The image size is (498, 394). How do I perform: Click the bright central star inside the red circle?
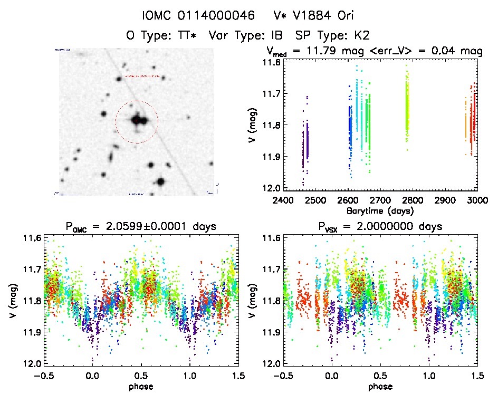[x=137, y=121]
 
